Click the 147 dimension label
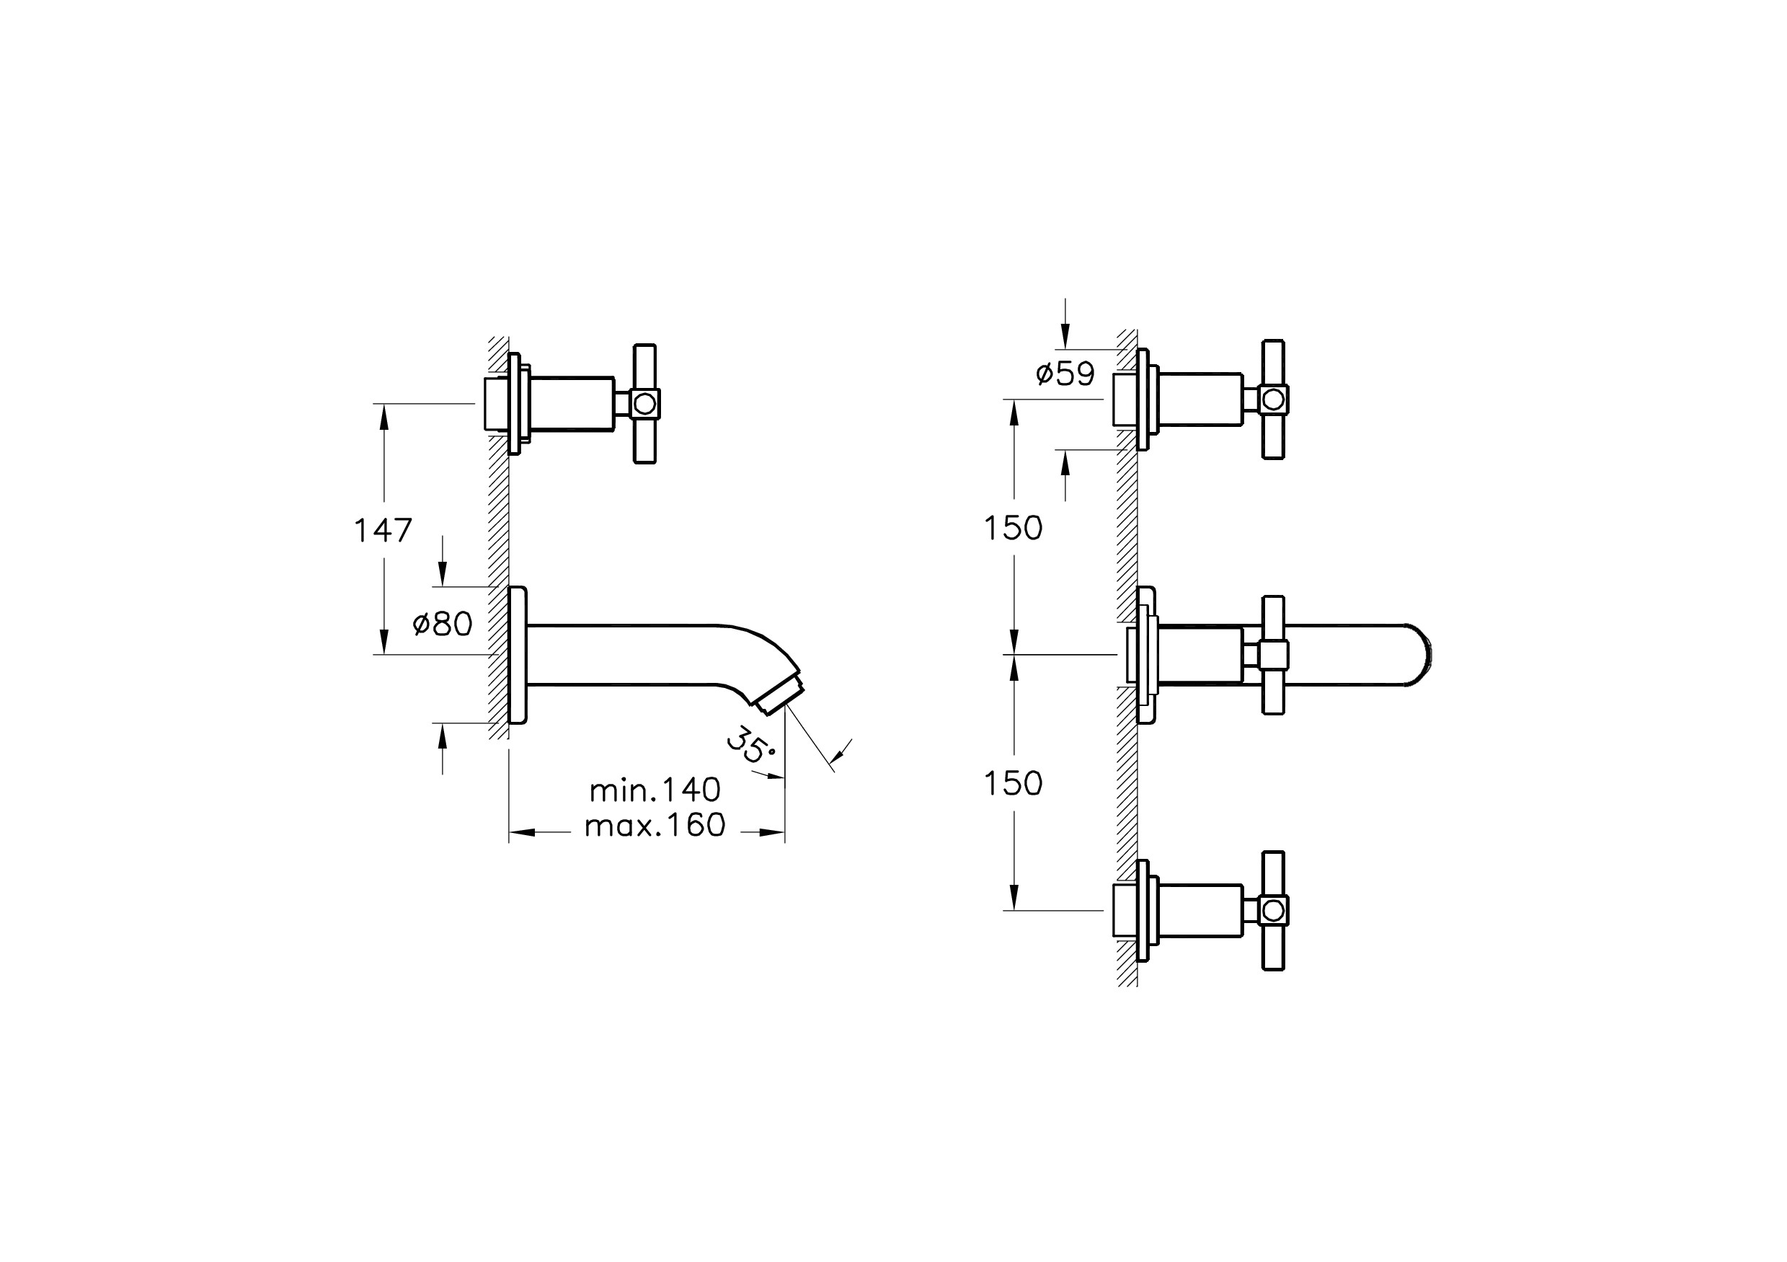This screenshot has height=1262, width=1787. click(x=383, y=531)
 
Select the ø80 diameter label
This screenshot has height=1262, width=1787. click(x=442, y=624)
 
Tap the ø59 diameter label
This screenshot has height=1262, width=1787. click(x=1065, y=374)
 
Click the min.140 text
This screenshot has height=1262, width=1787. click(x=655, y=790)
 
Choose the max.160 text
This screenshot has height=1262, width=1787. click(x=655, y=825)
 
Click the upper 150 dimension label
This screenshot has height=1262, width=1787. click(x=1014, y=529)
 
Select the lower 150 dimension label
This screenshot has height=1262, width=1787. click(x=1014, y=784)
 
